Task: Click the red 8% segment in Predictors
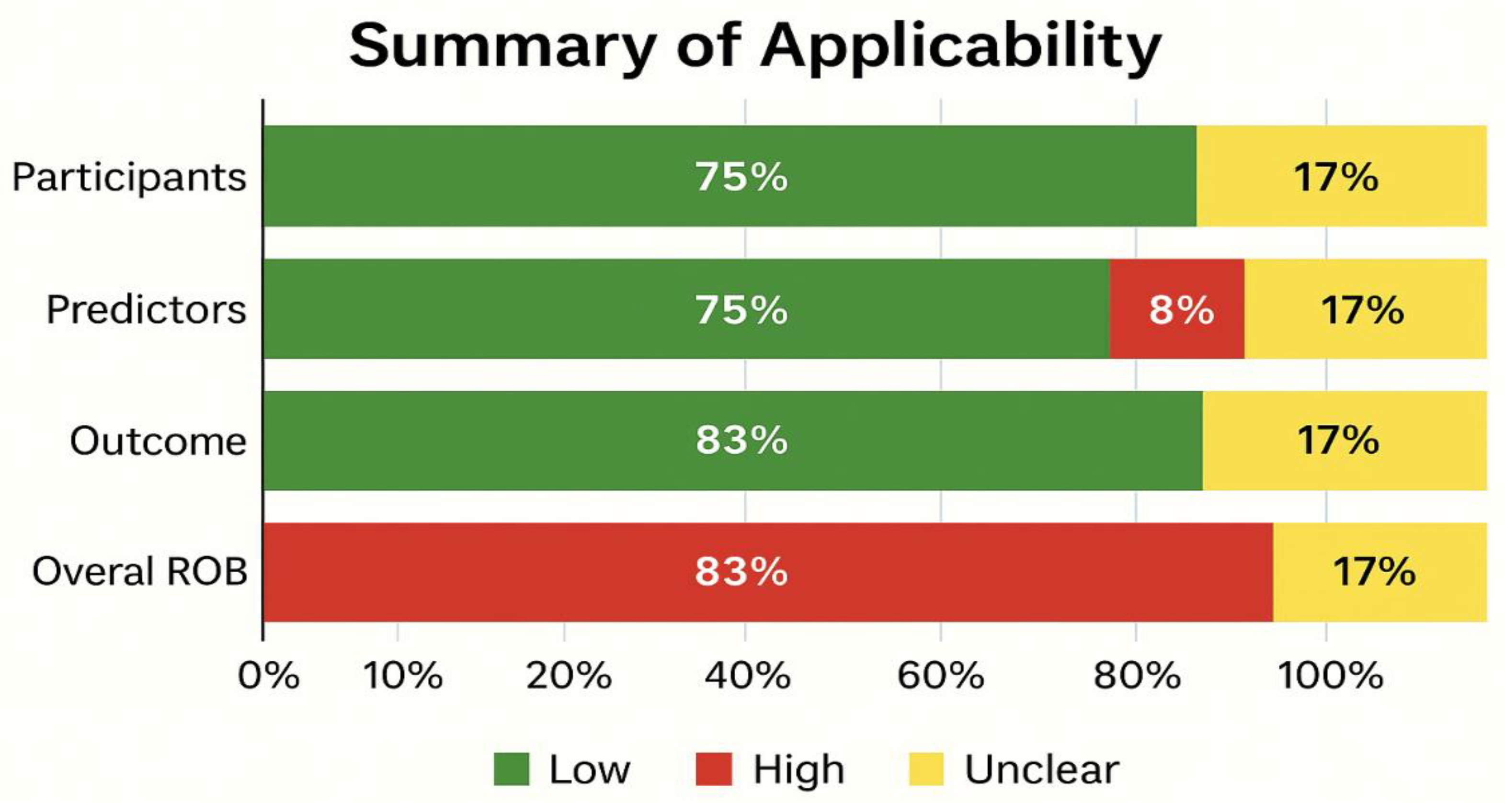[1177, 309]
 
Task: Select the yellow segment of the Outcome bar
[1344, 441]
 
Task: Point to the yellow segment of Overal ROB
[1380, 572]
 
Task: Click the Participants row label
[129, 177]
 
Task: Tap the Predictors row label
[146, 309]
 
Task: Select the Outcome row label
[158, 441]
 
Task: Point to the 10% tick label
[402, 676]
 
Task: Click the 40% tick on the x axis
[747, 676]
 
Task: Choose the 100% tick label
[1330, 676]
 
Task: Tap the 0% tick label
[269, 676]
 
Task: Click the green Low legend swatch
[511, 769]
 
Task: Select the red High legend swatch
[713, 769]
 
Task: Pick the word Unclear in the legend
[1042, 769]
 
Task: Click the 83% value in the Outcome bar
[741, 441]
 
